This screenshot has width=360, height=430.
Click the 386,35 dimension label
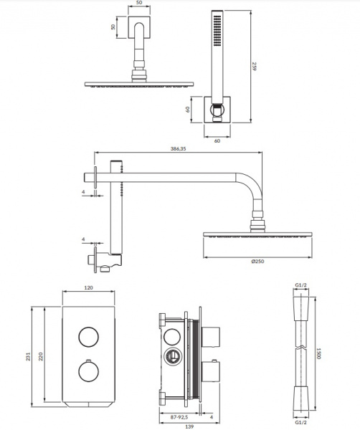coord(179,148)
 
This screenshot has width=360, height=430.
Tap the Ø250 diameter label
coord(257,262)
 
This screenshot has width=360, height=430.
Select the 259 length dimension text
coord(255,67)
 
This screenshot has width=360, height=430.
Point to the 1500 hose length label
coord(319,353)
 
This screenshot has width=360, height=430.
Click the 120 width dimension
coord(89,287)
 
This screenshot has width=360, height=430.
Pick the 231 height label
coord(29,356)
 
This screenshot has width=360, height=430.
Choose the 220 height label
coord(41,356)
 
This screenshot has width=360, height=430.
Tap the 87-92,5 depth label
coord(179,417)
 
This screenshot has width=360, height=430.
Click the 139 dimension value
coord(189,426)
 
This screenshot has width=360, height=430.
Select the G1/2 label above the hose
coord(300,285)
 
